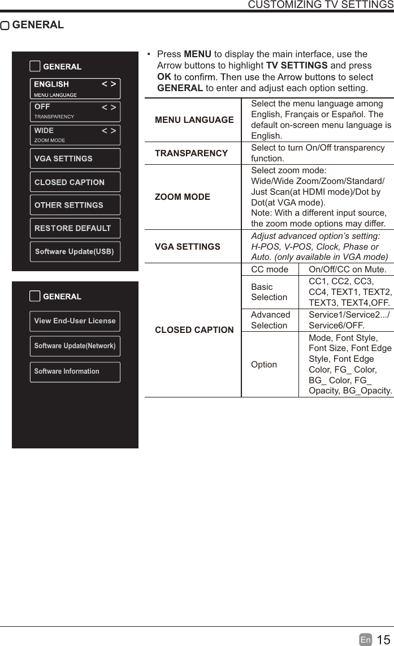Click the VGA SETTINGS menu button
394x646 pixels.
click(x=75, y=159)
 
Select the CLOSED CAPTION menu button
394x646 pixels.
click(x=75, y=182)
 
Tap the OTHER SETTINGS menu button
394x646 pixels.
click(x=75, y=205)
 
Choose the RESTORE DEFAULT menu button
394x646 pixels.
click(x=75, y=228)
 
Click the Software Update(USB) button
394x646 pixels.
click(x=75, y=251)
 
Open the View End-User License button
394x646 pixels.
click(x=75, y=321)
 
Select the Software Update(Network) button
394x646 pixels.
click(x=75, y=346)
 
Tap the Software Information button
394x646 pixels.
click(x=75, y=371)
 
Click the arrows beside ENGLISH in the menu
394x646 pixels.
click(x=109, y=84)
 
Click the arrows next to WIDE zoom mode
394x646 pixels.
click(x=109, y=131)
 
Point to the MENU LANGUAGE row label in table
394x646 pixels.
click(x=194, y=120)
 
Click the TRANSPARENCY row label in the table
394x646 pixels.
click(x=191, y=153)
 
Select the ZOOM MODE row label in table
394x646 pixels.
click(x=183, y=197)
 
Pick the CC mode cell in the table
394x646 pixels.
click(x=270, y=269)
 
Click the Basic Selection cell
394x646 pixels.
click(x=270, y=292)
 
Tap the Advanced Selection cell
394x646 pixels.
click(x=270, y=320)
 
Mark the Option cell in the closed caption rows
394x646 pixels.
click(x=264, y=365)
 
